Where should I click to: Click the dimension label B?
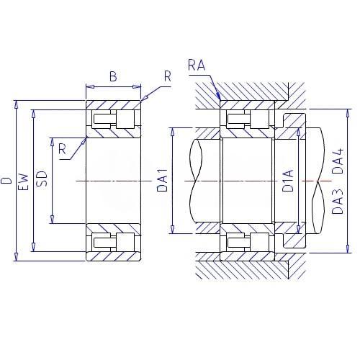(x=113, y=76)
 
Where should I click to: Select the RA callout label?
(x=197, y=66)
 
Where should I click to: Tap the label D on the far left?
(x=6, y=181)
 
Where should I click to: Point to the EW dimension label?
(x=24, y=181)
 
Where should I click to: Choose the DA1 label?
(x=162, y=181)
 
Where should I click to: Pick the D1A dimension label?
(x=288, y=181)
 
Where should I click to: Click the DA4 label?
(x=338, y=161)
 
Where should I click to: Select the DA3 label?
(x=338, y=202)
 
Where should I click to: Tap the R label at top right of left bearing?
(x=168, y=76)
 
